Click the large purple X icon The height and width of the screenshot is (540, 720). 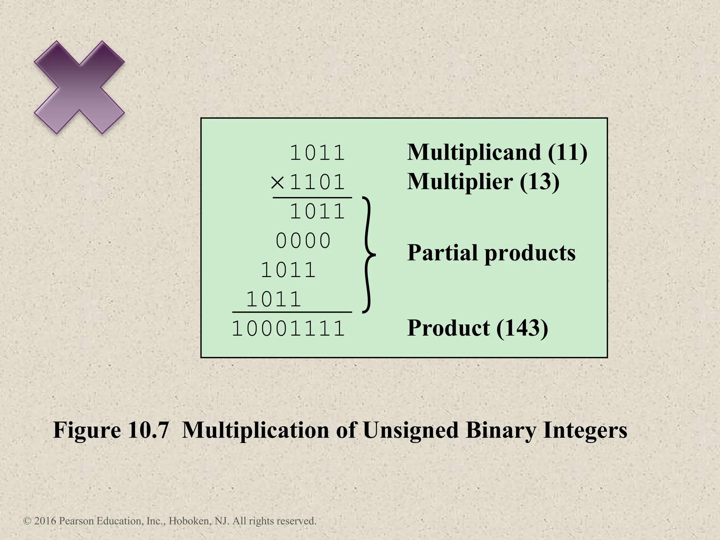click(79, 88)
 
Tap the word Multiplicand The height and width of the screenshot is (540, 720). click(474, 153)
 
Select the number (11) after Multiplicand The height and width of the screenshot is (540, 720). click(567, 153)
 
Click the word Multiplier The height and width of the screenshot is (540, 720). click(459, 182)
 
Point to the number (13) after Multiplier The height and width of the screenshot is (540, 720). click(539, 182)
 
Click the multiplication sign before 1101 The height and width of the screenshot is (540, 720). click(277, 182)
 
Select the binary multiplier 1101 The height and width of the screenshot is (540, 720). click(317, 182)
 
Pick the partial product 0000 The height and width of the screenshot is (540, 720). click(303, 241)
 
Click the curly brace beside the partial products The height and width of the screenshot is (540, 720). click(368, 255)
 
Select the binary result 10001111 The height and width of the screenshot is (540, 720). click(288, 329)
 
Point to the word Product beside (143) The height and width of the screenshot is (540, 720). click(448, 328)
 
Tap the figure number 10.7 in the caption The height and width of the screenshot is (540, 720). click(148, 430)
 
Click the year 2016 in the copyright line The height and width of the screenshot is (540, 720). click(45, 521)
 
